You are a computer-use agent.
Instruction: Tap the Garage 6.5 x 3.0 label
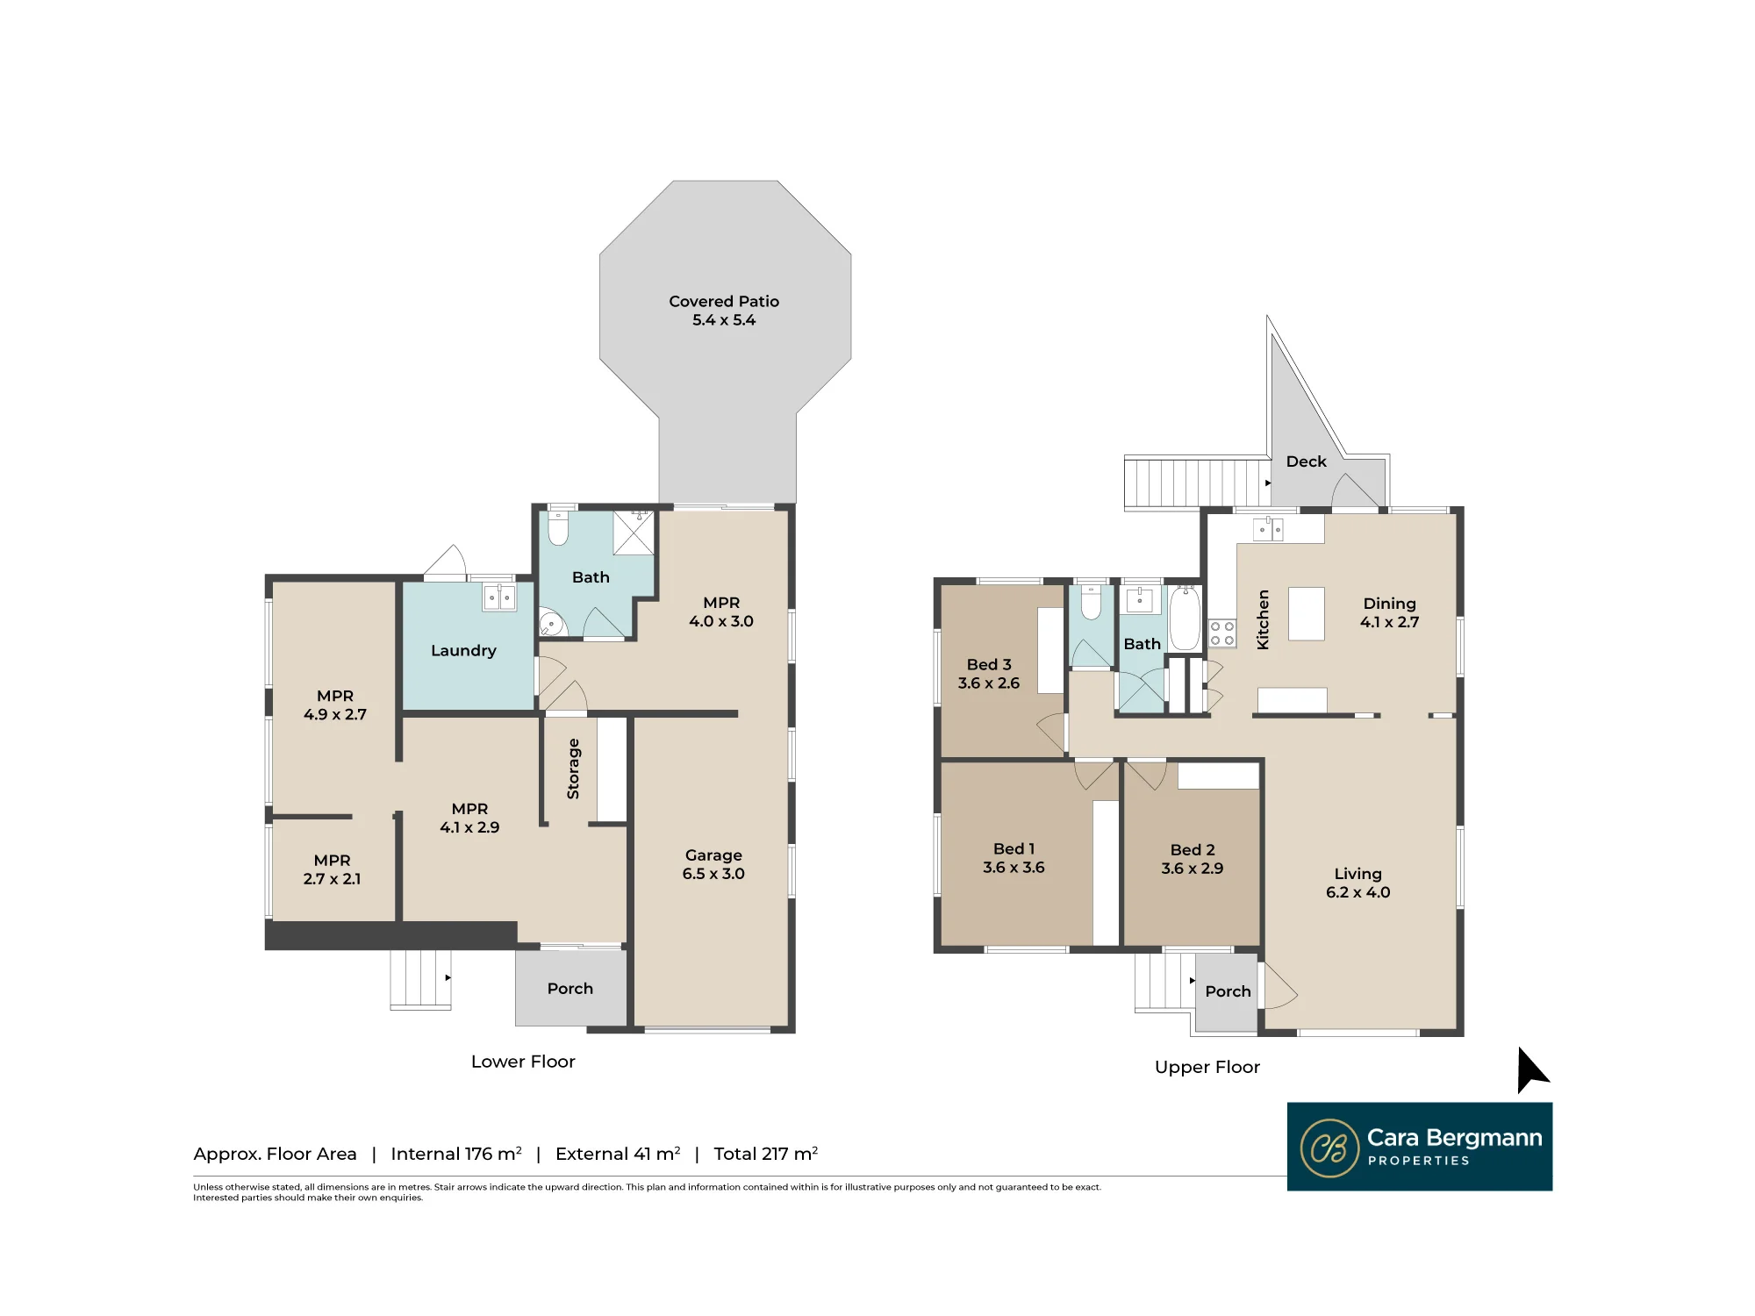(713, 864)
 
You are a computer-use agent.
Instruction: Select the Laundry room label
(463, 650)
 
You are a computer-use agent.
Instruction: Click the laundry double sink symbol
(499, 597)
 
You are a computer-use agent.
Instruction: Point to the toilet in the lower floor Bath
(558, 526)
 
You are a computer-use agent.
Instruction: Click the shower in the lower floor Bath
(634, 533)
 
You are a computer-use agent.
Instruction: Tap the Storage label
(573, 769)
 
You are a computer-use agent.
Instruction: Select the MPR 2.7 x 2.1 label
(332, 869)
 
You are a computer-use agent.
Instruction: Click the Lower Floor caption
(523, 1062)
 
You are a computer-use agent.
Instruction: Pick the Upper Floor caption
(1207, 1068)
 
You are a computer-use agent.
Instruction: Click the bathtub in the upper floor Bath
(1185, 619)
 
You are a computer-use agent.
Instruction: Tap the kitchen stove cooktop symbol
(1222, 633)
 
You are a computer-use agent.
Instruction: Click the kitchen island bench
(1306, 614)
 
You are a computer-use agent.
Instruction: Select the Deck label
(1306, 461)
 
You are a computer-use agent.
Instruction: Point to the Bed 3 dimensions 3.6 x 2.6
(989, 683)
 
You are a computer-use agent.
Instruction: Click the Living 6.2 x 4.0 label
(1357, 883)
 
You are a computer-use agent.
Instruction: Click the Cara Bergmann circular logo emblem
(1329, 1148)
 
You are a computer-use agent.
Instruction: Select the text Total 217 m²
(765, 1154)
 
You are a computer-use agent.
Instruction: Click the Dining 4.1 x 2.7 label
(1389, 612)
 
